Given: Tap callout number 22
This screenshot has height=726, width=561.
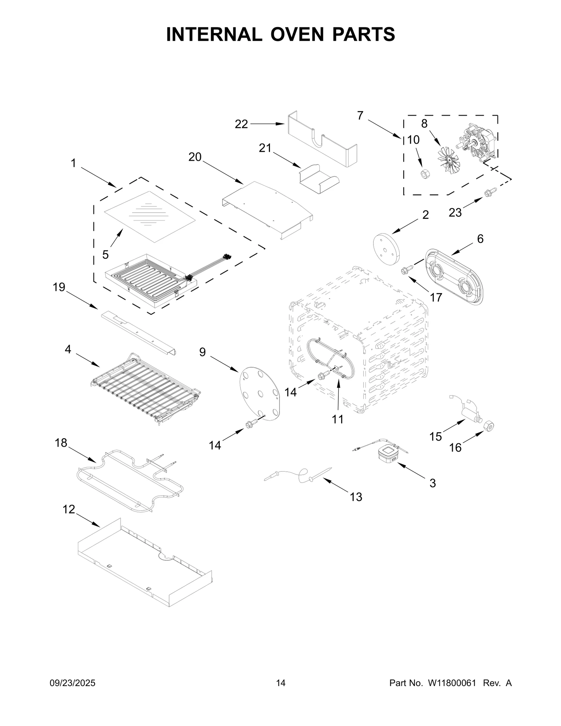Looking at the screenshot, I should (241, 124).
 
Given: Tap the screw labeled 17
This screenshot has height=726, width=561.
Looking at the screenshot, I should (407, 270).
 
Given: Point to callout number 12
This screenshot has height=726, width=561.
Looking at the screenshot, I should (69, 509).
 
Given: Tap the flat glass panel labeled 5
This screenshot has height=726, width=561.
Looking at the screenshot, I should (150, 216).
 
